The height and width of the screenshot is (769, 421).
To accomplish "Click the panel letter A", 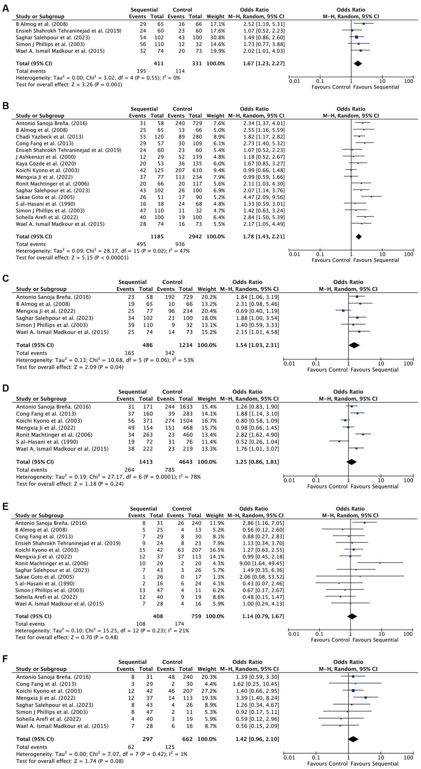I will [x=5, y=8].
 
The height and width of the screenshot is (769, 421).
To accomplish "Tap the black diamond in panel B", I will [x=359, y=237].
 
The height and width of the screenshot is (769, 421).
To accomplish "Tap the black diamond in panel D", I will [x=351, y=462].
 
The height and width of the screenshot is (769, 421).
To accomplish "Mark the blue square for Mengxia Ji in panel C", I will [x=343, y=311].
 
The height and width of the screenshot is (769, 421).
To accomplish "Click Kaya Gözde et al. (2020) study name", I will [x=46, y=164].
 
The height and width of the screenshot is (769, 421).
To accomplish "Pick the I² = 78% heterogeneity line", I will [x=108, y=477].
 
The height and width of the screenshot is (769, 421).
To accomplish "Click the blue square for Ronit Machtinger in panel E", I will [x=380, y=563].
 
